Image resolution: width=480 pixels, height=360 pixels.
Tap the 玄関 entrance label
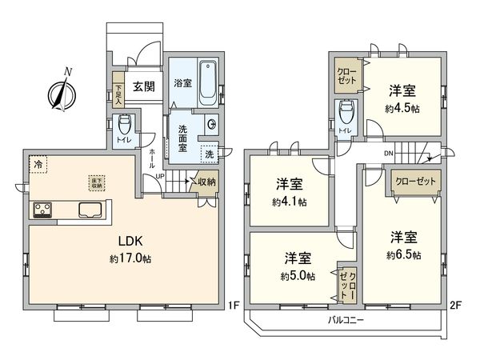coord(143,87)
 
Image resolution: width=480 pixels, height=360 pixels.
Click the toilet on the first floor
coord(125,126)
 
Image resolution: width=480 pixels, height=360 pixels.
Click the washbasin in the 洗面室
coord(212,124)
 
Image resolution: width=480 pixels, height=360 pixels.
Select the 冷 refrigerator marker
coord(38,164)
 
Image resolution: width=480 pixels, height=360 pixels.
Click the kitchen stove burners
coord(42,211)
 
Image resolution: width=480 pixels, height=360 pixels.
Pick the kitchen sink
coord(90,211)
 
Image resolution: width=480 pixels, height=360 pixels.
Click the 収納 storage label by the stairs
coord(206,182)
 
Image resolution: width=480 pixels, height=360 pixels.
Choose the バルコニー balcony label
coord(346,321)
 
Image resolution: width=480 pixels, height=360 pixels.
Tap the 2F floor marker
coord(456,304)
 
